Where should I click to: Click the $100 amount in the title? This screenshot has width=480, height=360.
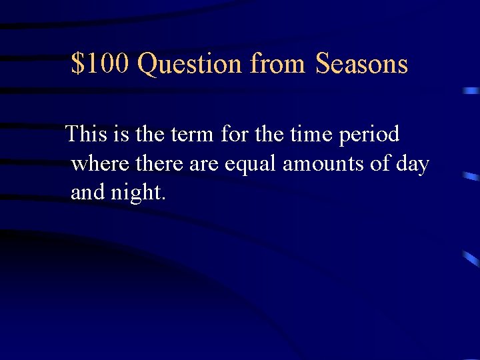coord(101,64)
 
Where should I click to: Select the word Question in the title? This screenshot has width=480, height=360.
coord(190,65)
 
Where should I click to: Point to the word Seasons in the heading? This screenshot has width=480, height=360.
coord(361,64)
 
